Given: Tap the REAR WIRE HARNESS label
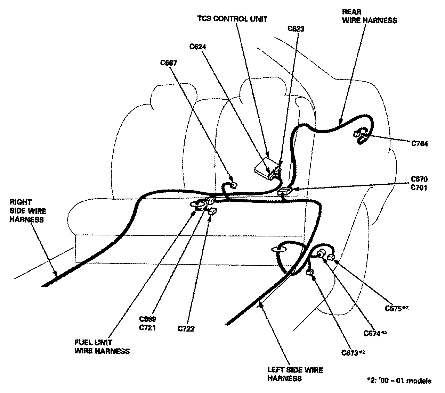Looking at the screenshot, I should click(x=369, y=16).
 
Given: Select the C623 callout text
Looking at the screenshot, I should click(x=296, y=29).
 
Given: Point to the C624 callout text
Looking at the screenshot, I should click(x=198, y=46).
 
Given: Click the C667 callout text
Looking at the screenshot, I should click(x=168, y=63).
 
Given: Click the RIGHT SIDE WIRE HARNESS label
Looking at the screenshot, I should click(x=27, y=211).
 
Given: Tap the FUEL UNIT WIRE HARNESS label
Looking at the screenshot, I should click(x=102, y=346).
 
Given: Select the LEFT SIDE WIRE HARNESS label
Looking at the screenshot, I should click(x=295, y=374).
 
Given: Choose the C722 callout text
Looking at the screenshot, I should click(x=186, y=329).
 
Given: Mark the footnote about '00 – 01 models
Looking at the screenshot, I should click(x=399, y=381).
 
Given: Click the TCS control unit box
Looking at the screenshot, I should click(x=263, y=169).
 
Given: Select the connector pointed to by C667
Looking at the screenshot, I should click(x=233, y=185).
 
